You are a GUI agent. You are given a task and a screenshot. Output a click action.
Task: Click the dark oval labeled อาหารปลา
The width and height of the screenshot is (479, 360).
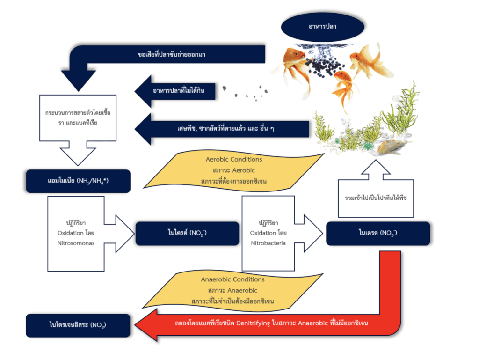tap(322, 26)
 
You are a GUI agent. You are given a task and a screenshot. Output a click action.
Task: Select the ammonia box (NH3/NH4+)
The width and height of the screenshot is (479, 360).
tap(78, 181)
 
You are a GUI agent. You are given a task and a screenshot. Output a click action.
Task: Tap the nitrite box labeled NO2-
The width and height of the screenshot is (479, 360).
tap(187, 233)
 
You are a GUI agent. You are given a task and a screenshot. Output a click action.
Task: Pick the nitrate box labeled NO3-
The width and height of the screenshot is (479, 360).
tap(377, 233)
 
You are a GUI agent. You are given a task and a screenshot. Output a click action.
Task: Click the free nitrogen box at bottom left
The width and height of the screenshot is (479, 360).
tap(78, 325)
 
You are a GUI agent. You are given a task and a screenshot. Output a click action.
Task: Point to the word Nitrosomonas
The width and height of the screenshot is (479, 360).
tap(76, 243)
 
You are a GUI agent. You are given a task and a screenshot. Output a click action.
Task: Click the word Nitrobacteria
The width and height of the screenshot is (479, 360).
tap(268, 243)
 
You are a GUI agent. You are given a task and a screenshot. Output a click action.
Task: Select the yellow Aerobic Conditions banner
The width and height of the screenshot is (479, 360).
tap(234, 169)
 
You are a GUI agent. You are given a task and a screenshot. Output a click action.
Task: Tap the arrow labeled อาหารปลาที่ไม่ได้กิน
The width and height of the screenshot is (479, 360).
tap(178, 90)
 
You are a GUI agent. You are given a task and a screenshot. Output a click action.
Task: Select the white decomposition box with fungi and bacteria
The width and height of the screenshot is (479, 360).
tap(78, 117)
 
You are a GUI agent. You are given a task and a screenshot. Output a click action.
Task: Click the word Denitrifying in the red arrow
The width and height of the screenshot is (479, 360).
tap(253, 323)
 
